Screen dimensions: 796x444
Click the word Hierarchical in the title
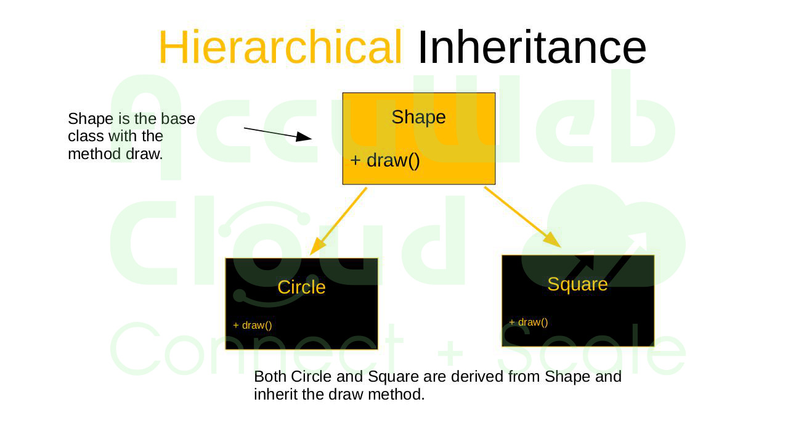280,47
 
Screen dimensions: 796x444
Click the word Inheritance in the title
532,47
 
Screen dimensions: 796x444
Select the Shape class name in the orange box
418,117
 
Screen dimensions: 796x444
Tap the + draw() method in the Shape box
385,160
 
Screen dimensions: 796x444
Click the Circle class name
301,287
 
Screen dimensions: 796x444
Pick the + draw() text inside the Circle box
253,325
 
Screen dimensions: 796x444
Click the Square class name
577,284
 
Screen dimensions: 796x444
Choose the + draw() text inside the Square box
529,323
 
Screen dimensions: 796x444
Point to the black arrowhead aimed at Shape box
304,137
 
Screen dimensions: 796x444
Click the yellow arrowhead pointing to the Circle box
317,246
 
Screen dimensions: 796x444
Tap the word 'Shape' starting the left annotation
91,119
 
